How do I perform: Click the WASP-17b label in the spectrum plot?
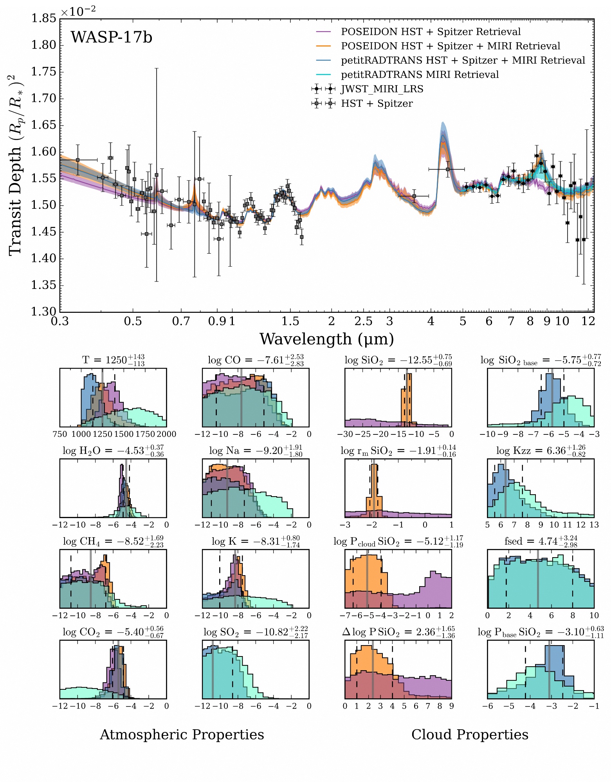click(x=112, y=38)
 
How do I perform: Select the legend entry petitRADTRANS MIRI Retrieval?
click(x=420, y=75)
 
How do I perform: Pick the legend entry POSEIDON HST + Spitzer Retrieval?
click(x=431, y=32)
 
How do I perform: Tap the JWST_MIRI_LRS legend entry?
click(x=382, y=89)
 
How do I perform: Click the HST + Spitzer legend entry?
click(x=377, y=104)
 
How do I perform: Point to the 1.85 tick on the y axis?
click(x=43, y=18)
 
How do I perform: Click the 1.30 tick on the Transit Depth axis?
click(x=43, y=312)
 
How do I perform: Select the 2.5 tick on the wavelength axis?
click(x=363, y=321)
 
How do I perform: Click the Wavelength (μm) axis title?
click(x=326, y=339)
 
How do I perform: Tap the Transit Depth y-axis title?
click(x=16, y=164)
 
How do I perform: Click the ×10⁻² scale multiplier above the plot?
click(x=78, y=11)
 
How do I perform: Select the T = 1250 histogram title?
click(x=113, y=360)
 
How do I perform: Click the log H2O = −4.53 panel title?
click(x=113, y=450)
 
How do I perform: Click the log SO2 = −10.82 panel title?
click(x=256, y=632)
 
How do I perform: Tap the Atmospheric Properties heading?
click(x=182, y=735)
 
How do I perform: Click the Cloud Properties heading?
click(x=470, y=735)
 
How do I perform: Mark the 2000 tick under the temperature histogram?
click(x=166, y=434)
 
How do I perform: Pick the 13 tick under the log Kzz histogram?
click(x=594, y=525)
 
